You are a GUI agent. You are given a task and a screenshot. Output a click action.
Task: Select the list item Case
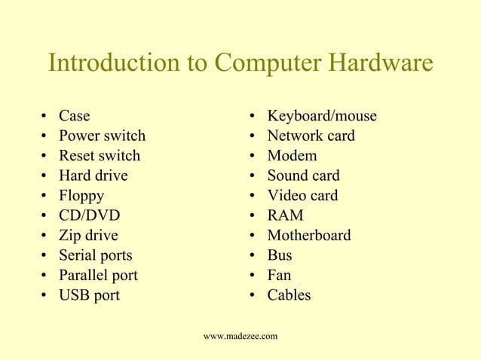pos(74,117)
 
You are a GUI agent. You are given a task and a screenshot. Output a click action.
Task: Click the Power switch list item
pos(102,136)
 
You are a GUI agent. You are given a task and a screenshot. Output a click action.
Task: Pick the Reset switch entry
pos(100,156)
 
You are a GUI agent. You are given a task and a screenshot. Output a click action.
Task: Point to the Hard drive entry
pos(93,175)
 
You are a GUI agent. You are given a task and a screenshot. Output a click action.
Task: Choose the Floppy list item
pos(81,196)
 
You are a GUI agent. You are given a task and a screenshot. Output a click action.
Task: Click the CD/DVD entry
pos(89,215)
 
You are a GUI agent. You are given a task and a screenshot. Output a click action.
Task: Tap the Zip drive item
pos(88,235)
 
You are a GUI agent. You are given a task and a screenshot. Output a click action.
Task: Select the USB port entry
pos(89,294)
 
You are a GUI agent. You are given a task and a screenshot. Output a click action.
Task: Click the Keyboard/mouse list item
pos(322,117)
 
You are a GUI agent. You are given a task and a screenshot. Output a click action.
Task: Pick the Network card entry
pos(311,136)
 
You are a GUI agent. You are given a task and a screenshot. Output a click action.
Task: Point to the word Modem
pos(292,156)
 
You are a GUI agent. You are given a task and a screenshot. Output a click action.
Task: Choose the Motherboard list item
pos(308,235)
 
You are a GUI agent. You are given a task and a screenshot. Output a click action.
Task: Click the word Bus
pos(280,255)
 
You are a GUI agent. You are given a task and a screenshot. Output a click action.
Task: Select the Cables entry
pos(289,294)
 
